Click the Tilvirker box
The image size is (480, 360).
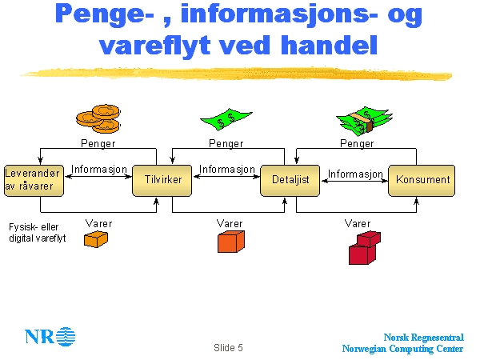click(162, 180)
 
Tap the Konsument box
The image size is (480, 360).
click(422, 180)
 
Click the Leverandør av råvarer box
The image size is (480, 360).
click(34, 180)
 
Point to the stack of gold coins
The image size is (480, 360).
click(98, 119)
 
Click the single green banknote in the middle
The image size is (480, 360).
click(227, 121)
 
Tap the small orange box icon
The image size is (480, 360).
click(96, 239)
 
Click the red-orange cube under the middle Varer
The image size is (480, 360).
click(230, 240)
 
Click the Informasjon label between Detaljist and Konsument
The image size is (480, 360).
click(355, 174)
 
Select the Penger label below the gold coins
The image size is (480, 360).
click(98, 144)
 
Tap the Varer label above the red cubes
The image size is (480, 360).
click(358, 223)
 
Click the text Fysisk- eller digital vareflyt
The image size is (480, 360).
click(38, 233)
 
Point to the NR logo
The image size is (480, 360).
click(50, 335)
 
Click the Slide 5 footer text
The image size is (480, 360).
click(228, 348)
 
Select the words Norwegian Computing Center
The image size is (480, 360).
click(402, 349)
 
